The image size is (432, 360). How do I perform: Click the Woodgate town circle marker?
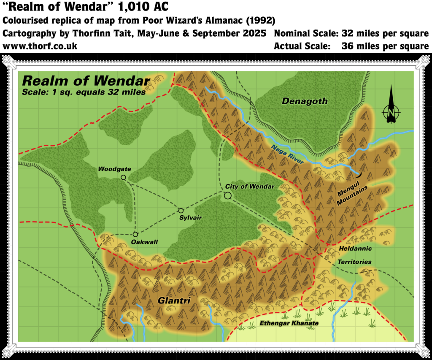click(x=123, y=178)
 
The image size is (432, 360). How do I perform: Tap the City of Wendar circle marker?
click(x=228, y=195)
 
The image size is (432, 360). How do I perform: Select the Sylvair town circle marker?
click(x=181, y=211)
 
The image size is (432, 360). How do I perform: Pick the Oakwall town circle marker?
click(x=135, y=234)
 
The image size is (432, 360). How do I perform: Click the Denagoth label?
click(x=305, y=101)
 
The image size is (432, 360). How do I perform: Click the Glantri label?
click(x=174, y=300)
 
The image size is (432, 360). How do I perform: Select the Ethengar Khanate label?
click(x=289, y=323)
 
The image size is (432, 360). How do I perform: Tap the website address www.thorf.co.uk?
click(x=40, y=46)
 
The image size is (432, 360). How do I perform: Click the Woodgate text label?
click(x=114, y=169)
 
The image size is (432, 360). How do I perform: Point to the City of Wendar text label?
click(x=250, y=186)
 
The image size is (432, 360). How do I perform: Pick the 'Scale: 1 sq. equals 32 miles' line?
click(x=84, y=92)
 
